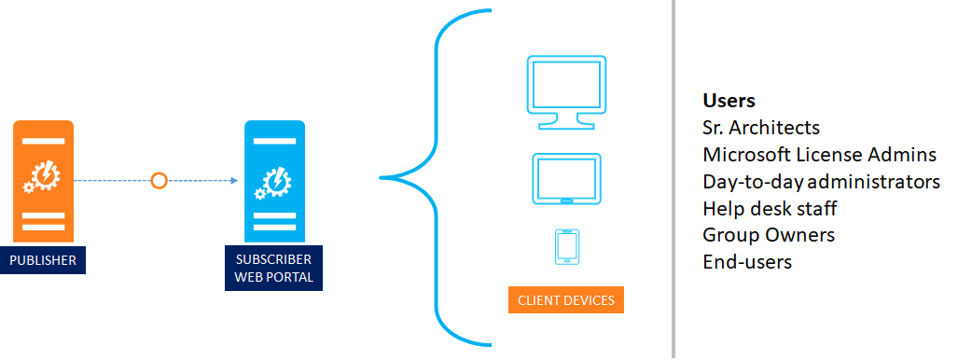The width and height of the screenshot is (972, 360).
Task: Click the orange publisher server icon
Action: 44,181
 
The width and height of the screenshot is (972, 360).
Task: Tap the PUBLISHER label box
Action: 43,260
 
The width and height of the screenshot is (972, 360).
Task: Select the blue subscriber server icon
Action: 274,181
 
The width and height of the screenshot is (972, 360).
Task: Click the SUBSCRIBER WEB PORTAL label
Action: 273,269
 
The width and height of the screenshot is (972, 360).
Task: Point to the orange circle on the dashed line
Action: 160,181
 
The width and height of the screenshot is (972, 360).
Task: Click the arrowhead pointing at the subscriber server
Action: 234,181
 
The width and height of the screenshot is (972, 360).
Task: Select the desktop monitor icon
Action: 566,92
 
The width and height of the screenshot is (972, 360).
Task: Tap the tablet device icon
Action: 566,178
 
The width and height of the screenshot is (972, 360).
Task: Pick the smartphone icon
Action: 567,247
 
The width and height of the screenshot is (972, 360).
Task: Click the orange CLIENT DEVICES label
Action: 566,300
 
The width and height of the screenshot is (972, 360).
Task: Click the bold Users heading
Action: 729,101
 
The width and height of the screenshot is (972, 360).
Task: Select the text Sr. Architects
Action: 761,128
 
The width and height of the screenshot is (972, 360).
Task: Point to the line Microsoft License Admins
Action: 820,154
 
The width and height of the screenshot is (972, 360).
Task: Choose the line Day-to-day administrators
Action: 822,182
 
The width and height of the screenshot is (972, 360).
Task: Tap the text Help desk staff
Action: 770,208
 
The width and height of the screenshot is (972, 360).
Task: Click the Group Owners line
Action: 769,235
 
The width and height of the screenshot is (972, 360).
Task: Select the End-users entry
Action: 747,262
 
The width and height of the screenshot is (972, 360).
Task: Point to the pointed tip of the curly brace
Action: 381,178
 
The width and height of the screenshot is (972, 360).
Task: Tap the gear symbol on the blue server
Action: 272,183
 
